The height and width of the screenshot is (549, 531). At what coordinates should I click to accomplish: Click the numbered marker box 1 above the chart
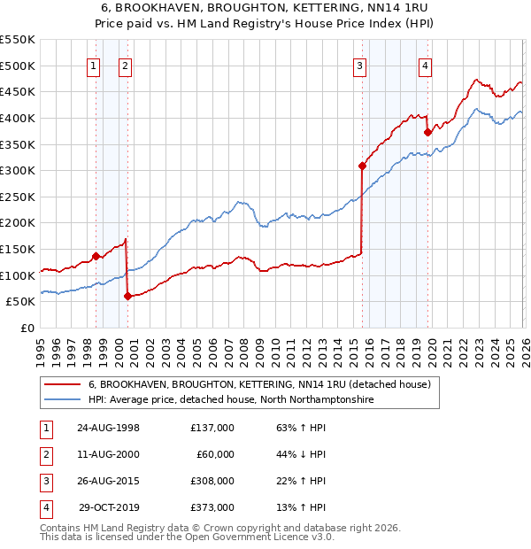(94, 65)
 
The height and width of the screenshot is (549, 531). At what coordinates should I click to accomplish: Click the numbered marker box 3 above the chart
(360, 65)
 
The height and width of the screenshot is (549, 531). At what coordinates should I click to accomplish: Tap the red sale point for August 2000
(127, 297)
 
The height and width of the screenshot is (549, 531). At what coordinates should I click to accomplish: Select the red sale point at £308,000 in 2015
(362, 166)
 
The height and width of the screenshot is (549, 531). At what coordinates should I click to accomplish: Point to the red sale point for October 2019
(427, 132)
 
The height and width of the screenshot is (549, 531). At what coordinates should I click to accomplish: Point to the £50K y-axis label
(20, 302)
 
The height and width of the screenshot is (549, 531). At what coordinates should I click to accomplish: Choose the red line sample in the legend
(62, 385)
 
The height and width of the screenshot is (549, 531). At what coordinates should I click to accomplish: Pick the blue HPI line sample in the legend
(62, 400)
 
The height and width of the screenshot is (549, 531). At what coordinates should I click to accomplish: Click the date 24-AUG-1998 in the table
(108, 428)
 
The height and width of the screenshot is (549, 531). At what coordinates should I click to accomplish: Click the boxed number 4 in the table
(45, 507)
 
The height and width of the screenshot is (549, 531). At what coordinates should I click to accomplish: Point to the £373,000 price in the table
(212, 507)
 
